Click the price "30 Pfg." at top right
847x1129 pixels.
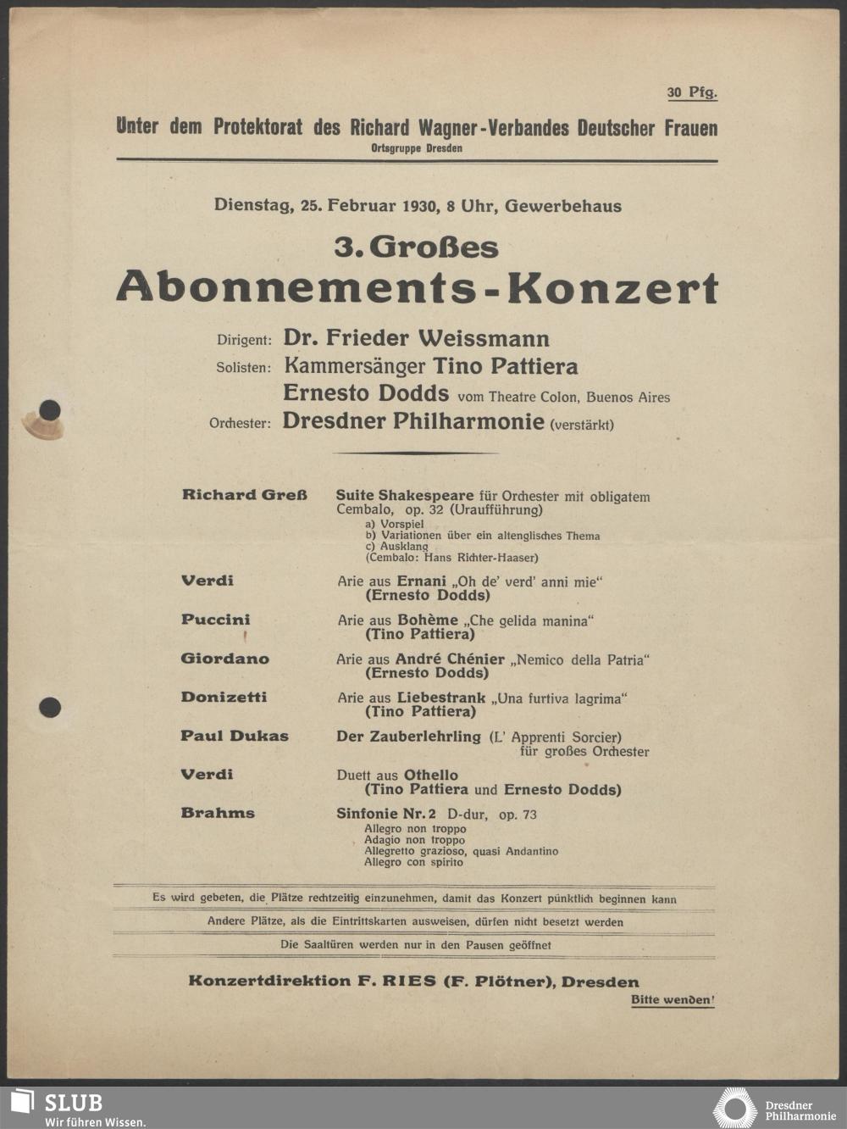click(691, 92)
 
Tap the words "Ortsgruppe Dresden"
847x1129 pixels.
click(417, 148)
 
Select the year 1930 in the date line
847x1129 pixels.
click(419, 205)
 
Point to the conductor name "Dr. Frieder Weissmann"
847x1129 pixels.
click(416, 338)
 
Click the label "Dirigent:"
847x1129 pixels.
click(244, 340)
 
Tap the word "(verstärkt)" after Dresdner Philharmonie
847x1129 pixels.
click(582, 425)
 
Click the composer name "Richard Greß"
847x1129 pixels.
click(244, 495)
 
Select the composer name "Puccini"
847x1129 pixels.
click(215, 620)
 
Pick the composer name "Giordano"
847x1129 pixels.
click(224, 659)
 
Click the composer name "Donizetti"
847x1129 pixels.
click(224, 697)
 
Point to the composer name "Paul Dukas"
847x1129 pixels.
click(234, 736)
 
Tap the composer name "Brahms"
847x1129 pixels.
click(218, 813)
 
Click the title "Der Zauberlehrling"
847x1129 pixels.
click(408, 737)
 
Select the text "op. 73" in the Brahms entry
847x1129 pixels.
click(518, 815)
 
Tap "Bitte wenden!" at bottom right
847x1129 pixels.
click(673, 1000)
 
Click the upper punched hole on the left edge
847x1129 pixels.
click(50, 411)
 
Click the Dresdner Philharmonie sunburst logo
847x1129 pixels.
click(734, 1108)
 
